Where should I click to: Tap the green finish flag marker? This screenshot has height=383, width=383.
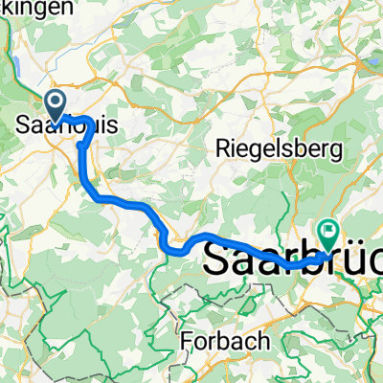[x=328, y=230]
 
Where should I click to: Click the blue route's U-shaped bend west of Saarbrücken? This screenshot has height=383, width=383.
[x=175, y=248]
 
